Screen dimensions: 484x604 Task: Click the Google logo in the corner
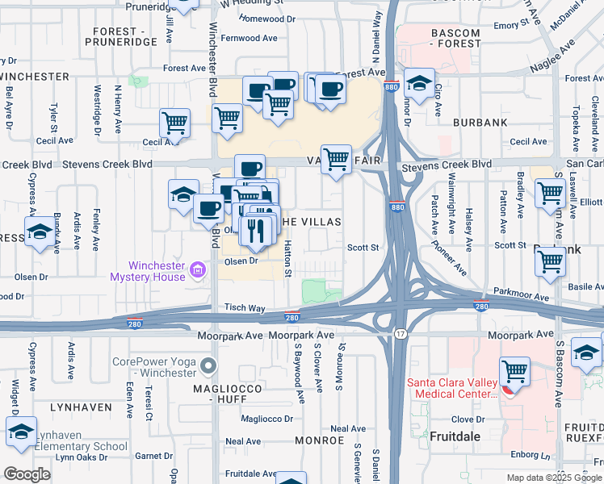(27, 474)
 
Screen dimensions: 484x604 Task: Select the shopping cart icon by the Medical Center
(514, 372)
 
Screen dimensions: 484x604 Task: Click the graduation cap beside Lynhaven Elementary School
(21, 432)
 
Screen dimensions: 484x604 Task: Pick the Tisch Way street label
(245, 308)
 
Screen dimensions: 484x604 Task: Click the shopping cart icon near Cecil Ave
(174, 123)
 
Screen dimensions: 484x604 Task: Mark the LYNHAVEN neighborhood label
(80, 407)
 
